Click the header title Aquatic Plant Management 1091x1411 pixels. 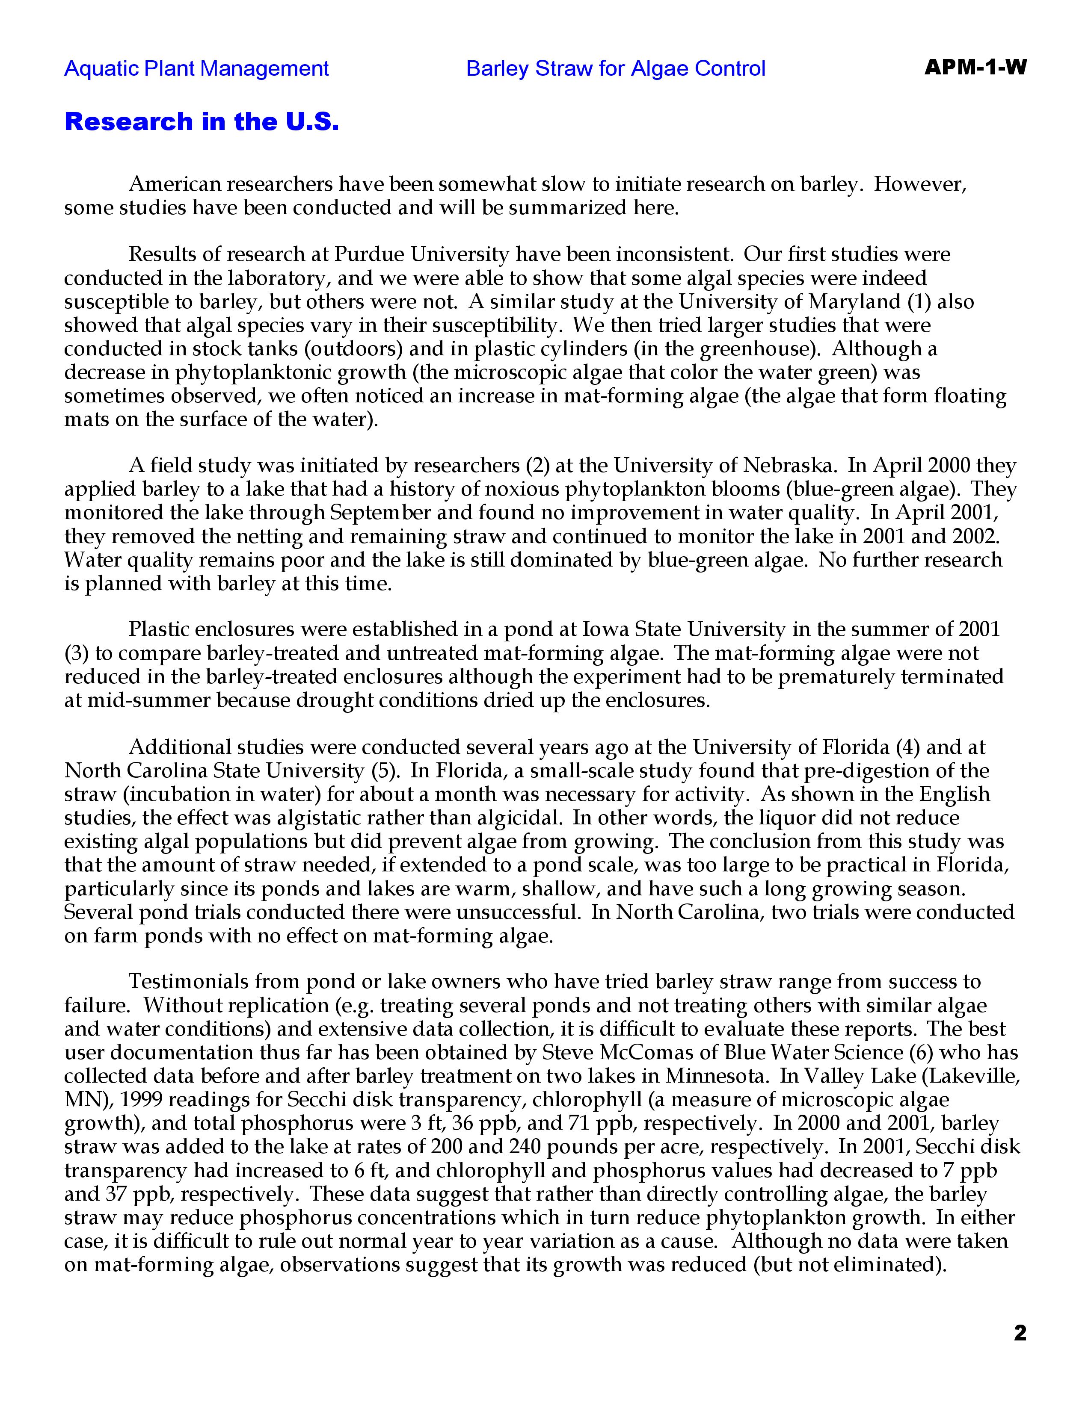(x=196, y=68)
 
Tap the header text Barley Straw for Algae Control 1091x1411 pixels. (x=615, y=68)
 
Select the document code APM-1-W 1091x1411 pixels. (x=975, y=67)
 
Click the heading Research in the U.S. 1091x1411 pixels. (x=202, y=121)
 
